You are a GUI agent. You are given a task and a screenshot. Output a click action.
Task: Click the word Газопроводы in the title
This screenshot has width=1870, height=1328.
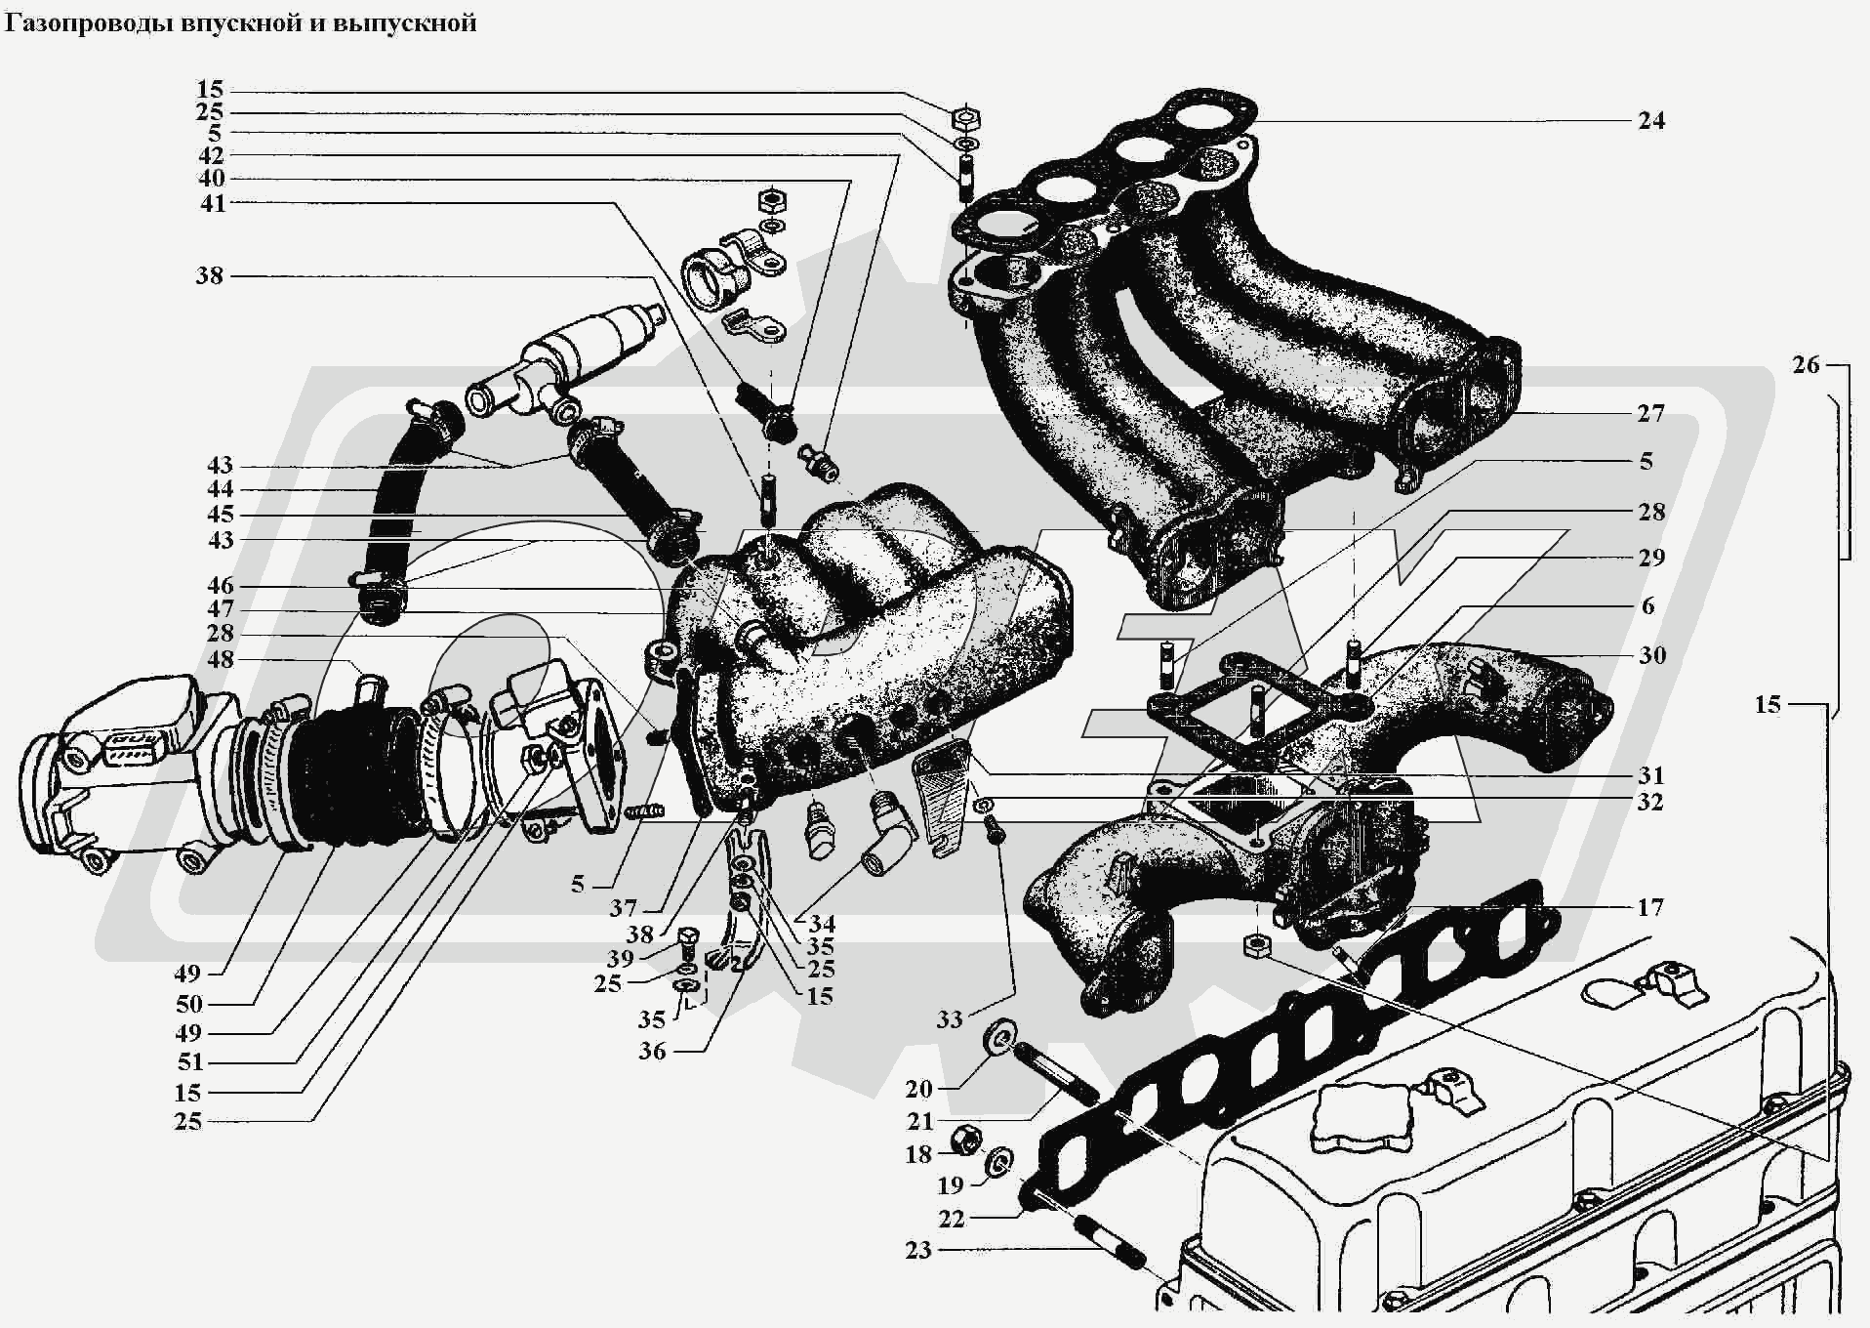click(x=90, y=22)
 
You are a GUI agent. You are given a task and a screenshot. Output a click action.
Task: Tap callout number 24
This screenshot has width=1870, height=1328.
click(x=1650, y=121)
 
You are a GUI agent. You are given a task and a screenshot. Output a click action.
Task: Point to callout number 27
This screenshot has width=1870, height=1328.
click(x=1650, y=414)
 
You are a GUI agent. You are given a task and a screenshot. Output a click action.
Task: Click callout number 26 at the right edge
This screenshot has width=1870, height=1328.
click(x=1807, y=365)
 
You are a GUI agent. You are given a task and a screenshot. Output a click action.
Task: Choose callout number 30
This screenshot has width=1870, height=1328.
click(x=1651, y=655)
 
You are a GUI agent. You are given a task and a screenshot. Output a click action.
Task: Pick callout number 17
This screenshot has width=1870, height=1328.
click(x=1650, y=908)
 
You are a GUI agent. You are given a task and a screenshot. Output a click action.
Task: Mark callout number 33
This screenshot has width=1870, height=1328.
click(x=949, y=1019)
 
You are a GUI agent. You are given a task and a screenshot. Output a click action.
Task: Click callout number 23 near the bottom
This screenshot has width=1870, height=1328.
click(x=918, y=1250)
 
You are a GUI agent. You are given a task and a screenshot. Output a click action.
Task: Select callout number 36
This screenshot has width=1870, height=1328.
click(x=652, y=1052)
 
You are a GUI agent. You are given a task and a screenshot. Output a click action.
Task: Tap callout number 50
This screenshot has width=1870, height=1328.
click(x=189, y=1005)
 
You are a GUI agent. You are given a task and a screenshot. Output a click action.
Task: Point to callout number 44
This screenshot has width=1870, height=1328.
click(x=221, y=489)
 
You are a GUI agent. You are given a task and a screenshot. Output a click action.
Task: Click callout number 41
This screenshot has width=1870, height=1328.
click(x=213, y=203)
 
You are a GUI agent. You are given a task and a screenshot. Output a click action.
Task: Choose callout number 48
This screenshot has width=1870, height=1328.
click(x=222, y=660)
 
